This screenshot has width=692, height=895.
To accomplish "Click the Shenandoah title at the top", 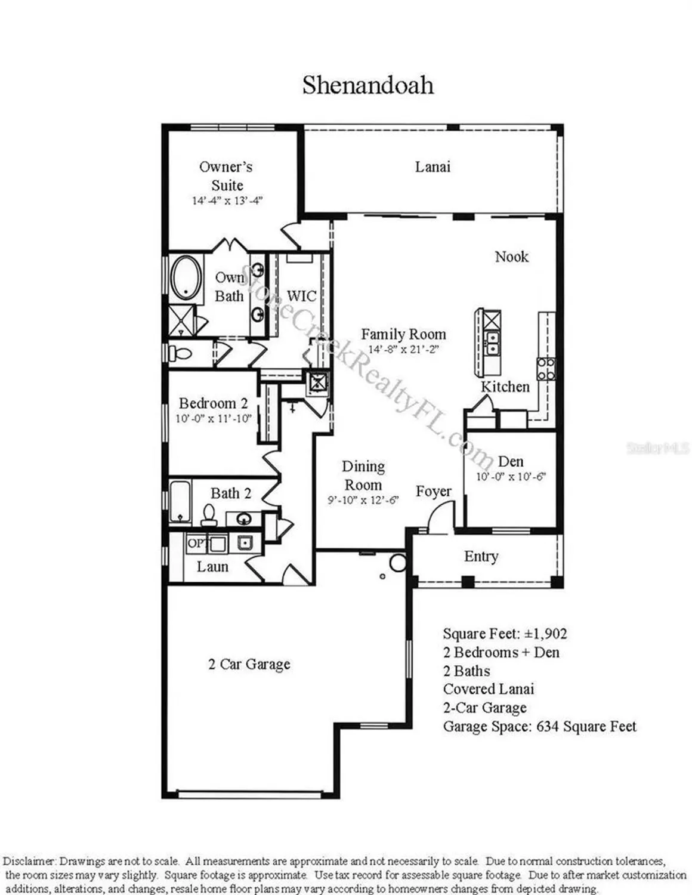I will [x=367, y=85].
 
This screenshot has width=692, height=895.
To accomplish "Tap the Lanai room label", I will [x=432, y=166].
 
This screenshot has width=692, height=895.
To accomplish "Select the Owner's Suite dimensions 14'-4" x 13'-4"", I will [x=227, y=200].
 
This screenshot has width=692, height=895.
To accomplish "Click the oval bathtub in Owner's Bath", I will [x=186, y=278].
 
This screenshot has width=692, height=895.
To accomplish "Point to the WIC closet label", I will [x=301, y=296].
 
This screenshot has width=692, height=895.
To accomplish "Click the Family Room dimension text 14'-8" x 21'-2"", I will [x=403, y=349].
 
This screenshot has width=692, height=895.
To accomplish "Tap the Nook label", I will [x=511, y=257].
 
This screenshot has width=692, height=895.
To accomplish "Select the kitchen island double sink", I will [x=492, y=341].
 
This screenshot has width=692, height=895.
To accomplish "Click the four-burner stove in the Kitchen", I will [x=546, y=369].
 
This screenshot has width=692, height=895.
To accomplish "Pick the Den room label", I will [x=511, y=461].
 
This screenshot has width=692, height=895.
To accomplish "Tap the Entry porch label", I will [x=481, y=556].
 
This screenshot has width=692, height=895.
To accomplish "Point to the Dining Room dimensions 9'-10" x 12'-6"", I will [x=363, y=500].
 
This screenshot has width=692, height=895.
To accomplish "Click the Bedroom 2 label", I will [x=213, y=403].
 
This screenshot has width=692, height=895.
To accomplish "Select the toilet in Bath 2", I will [x=209, y=515].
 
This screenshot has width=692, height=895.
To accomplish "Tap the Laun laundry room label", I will [x=212, y=566].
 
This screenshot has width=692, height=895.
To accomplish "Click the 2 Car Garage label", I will [x=249, y=664].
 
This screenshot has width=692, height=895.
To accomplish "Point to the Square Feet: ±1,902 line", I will [x=505, y=634].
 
